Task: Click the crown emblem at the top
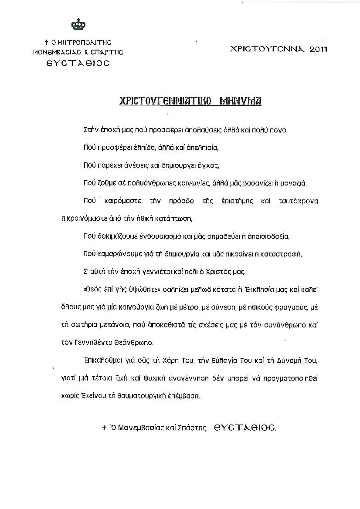pos(78,24)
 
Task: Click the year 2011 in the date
pos(318,49)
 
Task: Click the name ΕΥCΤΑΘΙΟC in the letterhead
pos(78,63)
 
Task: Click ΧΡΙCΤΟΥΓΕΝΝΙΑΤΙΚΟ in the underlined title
pos(165,101)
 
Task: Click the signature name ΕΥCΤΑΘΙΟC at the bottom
pos(245,428)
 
